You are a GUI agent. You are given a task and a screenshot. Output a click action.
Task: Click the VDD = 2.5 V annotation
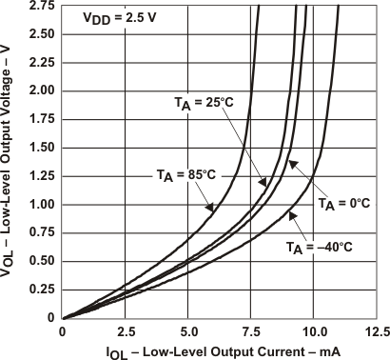click(x=113, y=18)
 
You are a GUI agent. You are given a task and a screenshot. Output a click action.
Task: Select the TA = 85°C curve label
click(x=185, y=174)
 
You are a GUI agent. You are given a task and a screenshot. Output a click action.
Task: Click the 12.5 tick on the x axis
click(x=377, y=332)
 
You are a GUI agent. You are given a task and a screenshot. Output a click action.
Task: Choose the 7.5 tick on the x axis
click(x=250, y=332)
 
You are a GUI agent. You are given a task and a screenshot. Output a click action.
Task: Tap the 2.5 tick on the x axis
click(x=125, y=332)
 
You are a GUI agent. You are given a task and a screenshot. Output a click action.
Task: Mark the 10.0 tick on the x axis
click(x=314, y=332)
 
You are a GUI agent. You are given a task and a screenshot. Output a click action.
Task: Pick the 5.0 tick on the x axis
click(x=187, y=332)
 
